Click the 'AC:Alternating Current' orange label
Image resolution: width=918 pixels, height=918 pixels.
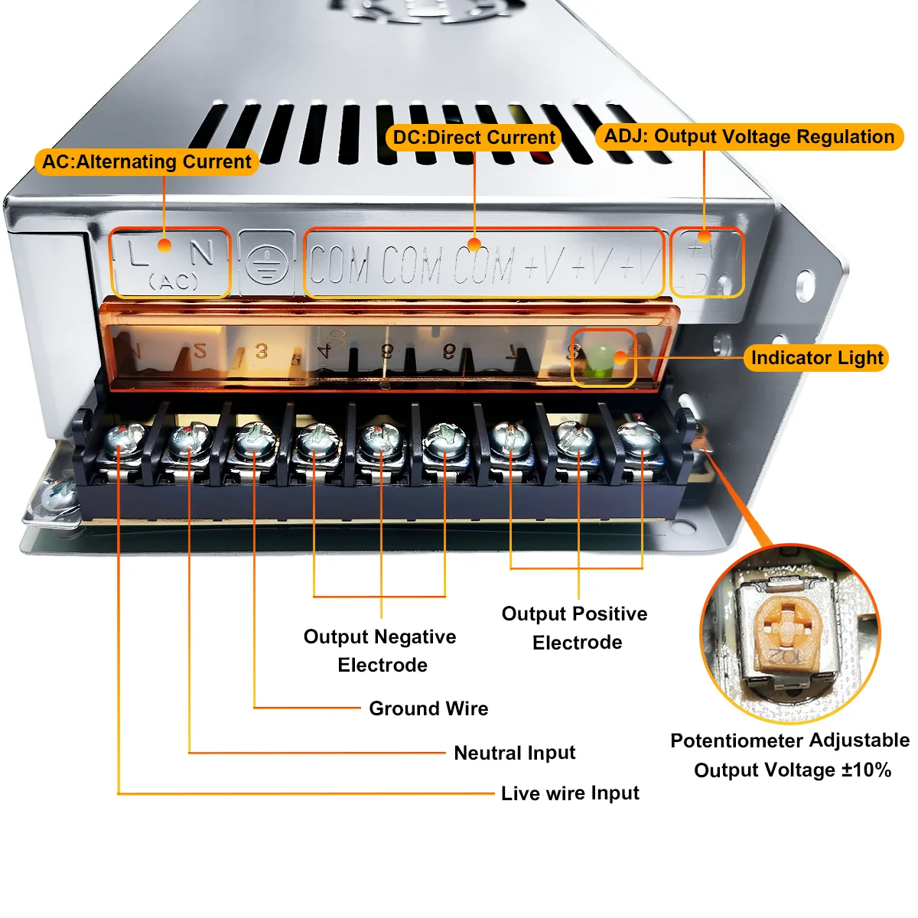tap(146, 162)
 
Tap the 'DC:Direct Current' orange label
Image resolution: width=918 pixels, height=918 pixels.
tap(474, 138)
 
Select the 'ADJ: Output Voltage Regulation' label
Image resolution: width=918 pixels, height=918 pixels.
tap(749, 137)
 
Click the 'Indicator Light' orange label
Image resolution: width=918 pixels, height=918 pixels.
tap(816, 358)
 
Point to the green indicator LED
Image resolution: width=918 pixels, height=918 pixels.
tap(601, 356)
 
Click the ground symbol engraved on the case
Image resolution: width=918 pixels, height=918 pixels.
tap(266, 265)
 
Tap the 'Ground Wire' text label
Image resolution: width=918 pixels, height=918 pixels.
tap(428, 708)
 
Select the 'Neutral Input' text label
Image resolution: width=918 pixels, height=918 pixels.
tap(514, 753)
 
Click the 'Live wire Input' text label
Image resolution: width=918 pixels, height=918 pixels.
tap(570, 793)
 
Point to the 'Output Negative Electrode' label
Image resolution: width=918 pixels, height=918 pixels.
tap(380, 650)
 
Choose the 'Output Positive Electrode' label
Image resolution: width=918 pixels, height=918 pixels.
tap(575, 627)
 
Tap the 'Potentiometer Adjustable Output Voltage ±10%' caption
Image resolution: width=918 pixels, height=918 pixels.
tap(790, 755)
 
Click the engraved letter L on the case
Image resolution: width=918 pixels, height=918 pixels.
tap(138, 253)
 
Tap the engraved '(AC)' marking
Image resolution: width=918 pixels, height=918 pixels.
tap(174, 282)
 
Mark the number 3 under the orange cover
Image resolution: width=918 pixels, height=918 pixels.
tap(262, 351)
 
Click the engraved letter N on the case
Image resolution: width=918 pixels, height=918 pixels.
tap(202, 252)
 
